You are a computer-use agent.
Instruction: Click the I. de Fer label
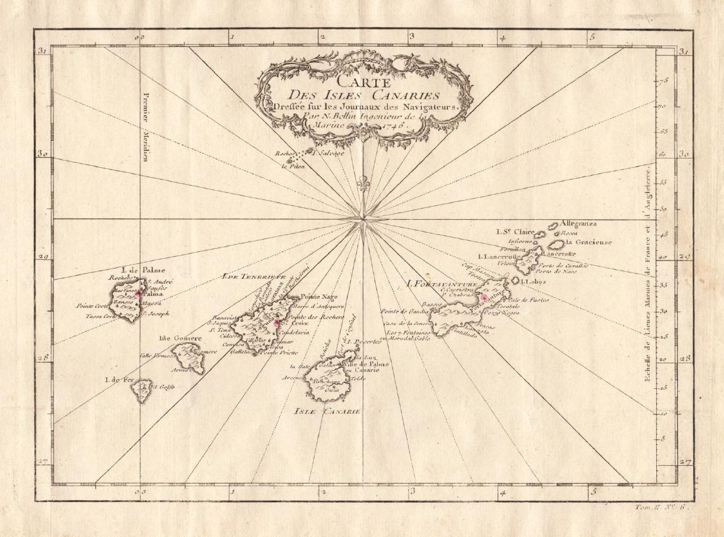point(119,380)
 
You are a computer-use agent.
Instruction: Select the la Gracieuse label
point(588,242)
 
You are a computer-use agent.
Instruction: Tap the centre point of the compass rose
point(362,218)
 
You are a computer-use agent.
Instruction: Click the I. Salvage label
point(326,153)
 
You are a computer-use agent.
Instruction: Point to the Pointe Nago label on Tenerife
point(308,297)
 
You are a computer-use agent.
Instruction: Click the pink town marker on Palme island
point(137,294)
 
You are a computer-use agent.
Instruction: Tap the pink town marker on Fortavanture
point(484,297)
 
